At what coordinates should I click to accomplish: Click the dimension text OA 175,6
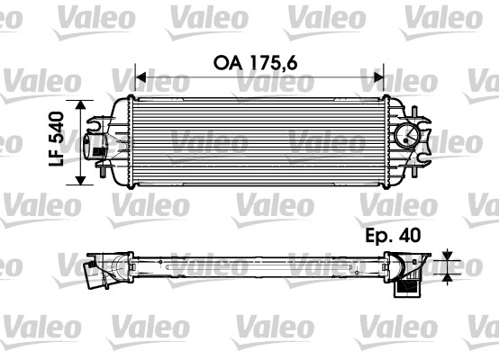tap(256, 64)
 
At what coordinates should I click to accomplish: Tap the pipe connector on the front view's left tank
tap(93, 147)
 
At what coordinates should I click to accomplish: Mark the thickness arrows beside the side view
tap(448, 267)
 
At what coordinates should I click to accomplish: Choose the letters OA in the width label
tap(226, 64)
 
